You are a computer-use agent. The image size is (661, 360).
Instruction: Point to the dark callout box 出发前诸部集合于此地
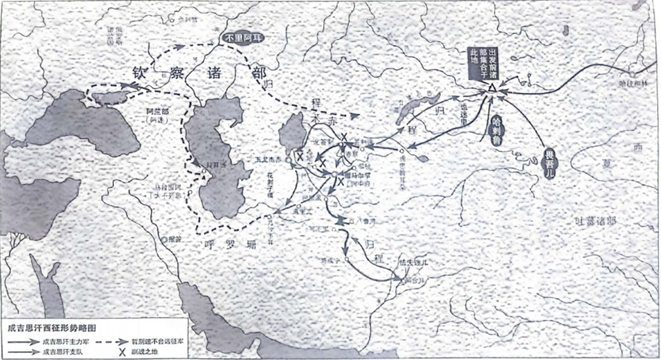coord(483,63)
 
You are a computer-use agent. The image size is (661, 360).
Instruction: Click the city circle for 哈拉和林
coord(633,75)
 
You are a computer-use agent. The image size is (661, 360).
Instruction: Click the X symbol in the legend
coord(122,352)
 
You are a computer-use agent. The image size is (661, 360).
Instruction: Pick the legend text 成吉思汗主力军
coord(66,342)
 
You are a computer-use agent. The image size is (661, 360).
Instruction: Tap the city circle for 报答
coord(164,240)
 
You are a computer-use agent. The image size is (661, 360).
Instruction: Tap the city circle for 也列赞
coord(172,20)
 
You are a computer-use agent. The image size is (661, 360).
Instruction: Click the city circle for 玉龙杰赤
coord(288,160)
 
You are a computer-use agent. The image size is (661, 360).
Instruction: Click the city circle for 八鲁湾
coord(351,222)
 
